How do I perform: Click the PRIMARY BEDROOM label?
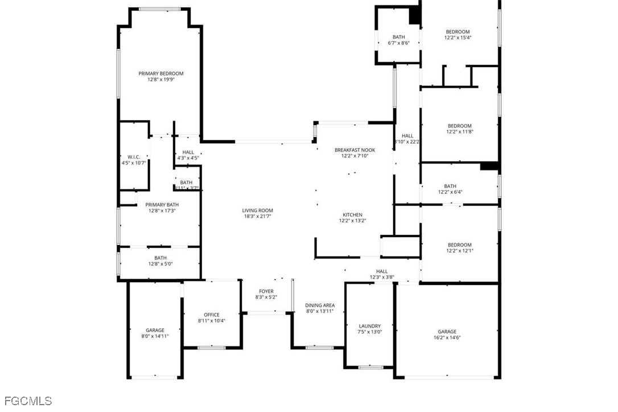[161, 74]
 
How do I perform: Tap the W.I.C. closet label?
[134, 157]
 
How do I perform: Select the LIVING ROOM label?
[258, 210]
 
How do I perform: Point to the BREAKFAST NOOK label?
[355, 149]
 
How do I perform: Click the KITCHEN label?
[352, 215]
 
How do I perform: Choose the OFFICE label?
[212, 315]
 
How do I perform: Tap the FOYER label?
[266, 291]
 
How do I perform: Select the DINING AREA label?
[320, 305]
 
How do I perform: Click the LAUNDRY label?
[370, 326]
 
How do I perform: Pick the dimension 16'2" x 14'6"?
[447, 338]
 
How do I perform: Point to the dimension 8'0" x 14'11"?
[155, 336]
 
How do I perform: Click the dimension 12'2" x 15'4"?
[458, 38]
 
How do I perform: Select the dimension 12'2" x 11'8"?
[459, 132]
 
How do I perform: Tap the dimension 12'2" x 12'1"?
[459, 251]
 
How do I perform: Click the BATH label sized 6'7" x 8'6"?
[399, 37]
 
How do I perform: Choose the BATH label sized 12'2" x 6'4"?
[450, 186]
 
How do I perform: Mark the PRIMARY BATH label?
[162, 205]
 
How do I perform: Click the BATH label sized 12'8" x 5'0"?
[160, 258]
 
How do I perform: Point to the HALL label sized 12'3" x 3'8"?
[382, 271]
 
